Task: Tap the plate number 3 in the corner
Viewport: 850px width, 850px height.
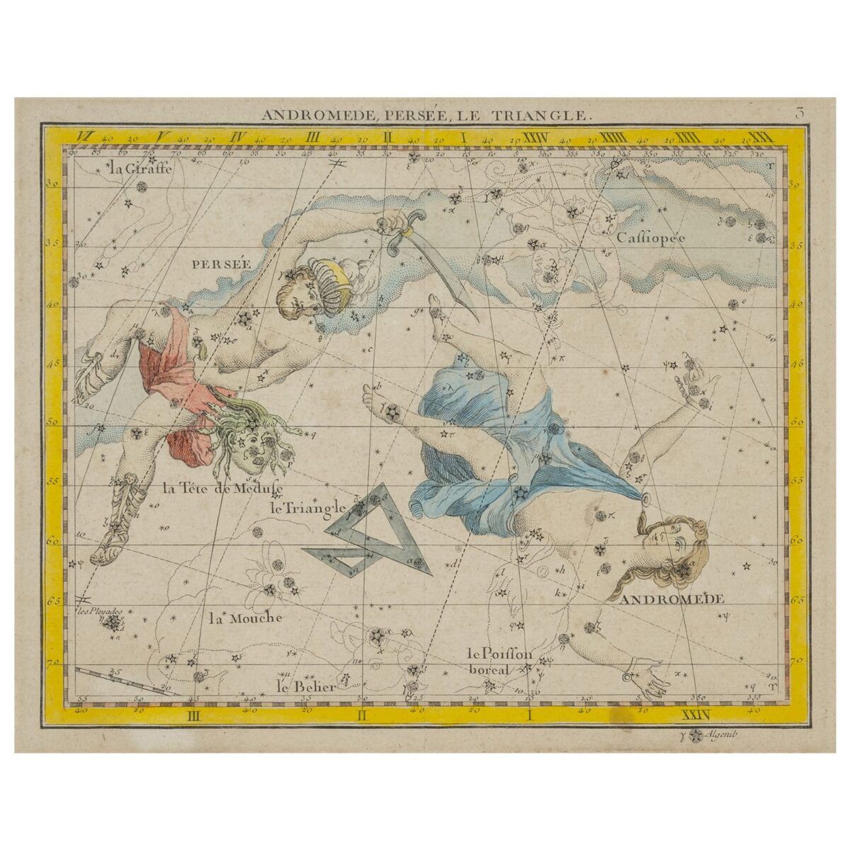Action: [798, 112]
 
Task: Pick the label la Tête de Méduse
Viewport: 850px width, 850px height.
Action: [222, 488]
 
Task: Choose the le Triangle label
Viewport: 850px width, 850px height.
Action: [307, 508]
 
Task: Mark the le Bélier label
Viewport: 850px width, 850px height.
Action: [305, 686]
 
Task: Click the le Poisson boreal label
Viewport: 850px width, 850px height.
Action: [499, 661]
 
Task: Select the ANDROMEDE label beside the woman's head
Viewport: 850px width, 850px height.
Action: [672, 599]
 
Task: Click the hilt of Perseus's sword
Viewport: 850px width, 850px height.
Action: [405, 232]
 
